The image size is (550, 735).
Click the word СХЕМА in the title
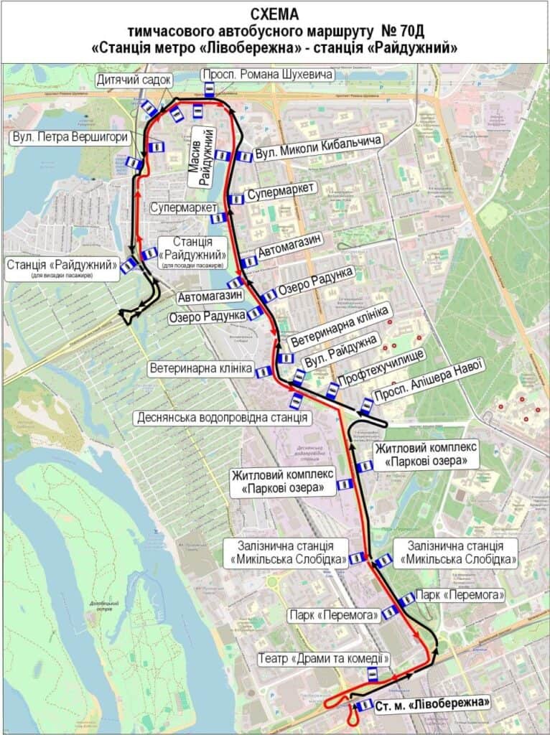click(x=275, y=14)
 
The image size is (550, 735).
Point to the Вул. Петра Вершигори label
click(x=70, y=136)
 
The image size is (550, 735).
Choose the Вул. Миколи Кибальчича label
click(x=318, y=148)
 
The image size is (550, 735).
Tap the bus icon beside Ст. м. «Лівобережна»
click(x=365, y=705)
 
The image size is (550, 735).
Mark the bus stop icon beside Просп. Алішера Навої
click(x=366, y=406)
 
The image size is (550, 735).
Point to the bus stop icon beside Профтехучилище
click(x=332, y=390)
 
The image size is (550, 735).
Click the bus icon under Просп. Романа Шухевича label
click(x=209, y=89)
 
